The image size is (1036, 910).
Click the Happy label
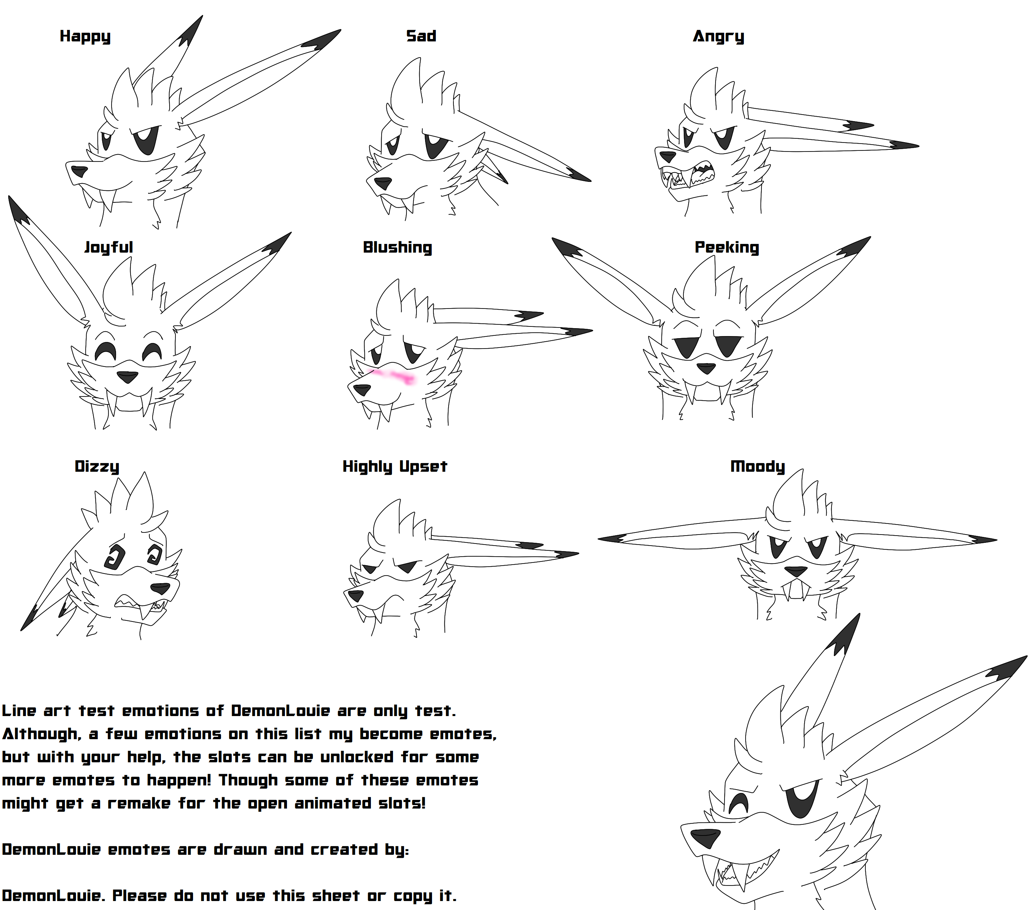pyautogui.click(x=85, y=37)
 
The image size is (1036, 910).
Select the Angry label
pyautogui.click(x=718, y=37)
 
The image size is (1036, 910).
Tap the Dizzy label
pyautogui.click(x=97, y=467)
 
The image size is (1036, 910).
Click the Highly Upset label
pyautogui.click(x=395, y=467)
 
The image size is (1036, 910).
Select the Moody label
pyautogui.click(x=757, y=467)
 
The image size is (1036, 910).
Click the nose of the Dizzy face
pyautogui.click(x=161, y=588)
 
